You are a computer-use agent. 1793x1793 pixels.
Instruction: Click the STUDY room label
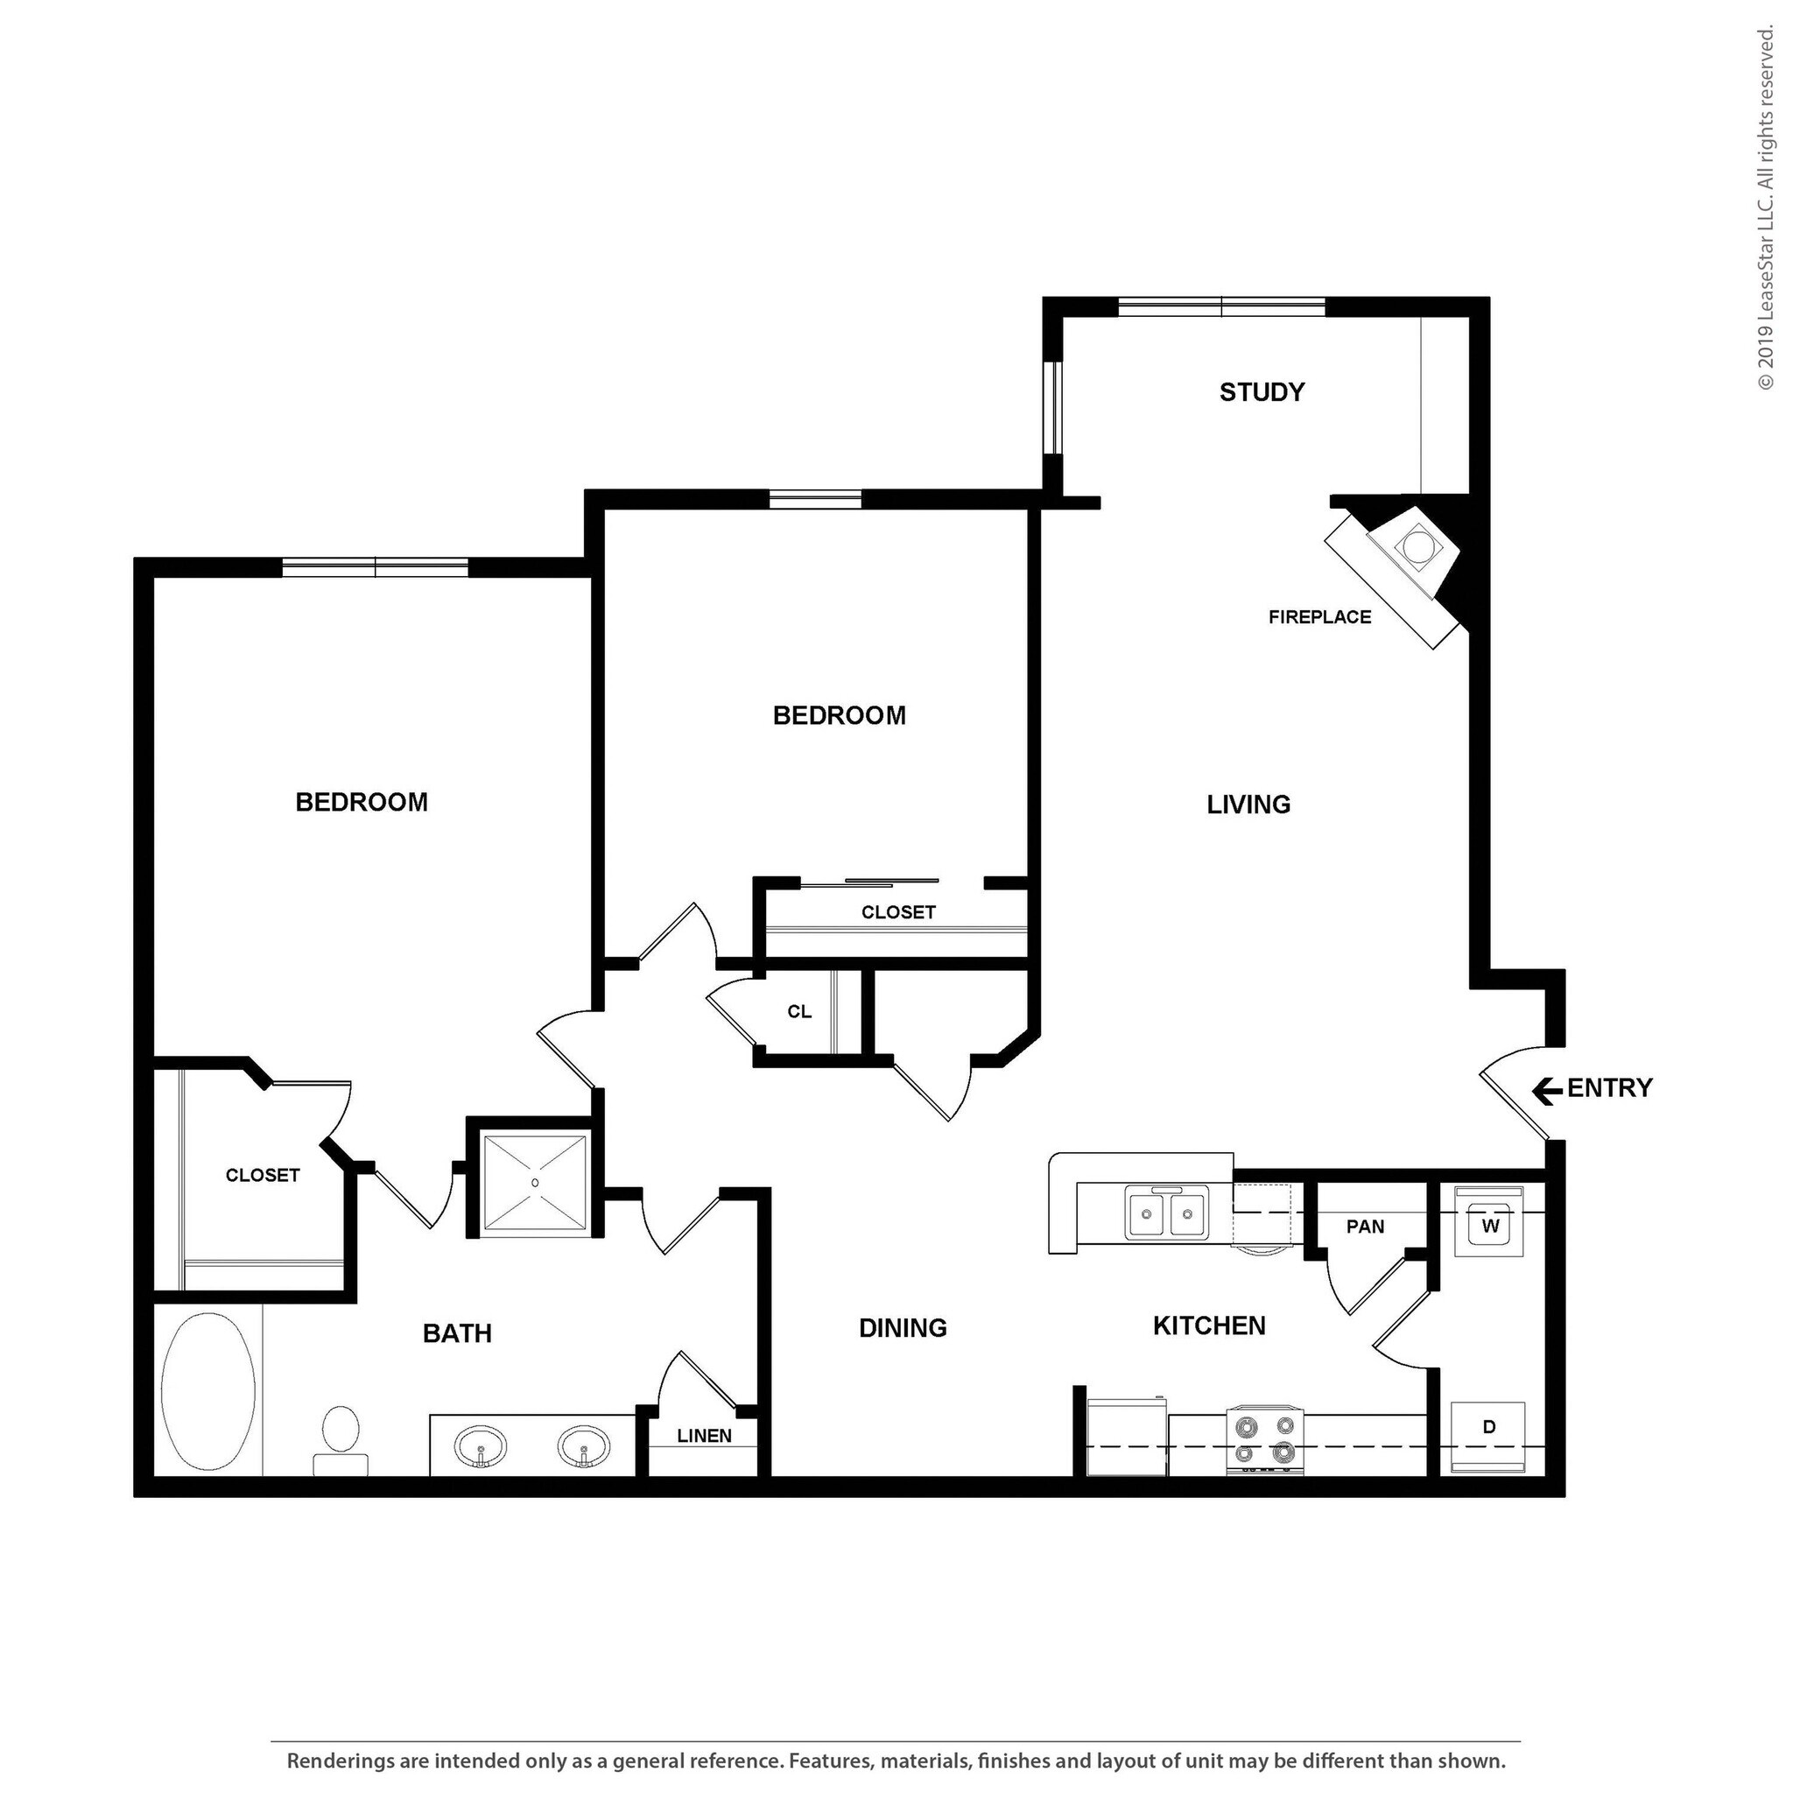tap(1262, 391)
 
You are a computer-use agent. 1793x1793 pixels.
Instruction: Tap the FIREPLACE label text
tap(1318, 616)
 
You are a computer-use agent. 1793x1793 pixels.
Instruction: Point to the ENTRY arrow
tap(1546, 1091)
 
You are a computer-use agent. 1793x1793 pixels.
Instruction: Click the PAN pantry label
tap(1364, 1227)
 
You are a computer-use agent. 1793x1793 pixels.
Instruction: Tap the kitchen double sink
tap(1166, 1213)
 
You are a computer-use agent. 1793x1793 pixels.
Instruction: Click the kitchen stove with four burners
tap(1264, 1439)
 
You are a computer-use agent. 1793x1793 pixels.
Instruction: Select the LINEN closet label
tap(704, 1436)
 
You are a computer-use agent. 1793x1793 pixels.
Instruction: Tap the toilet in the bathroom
tap(341, 1438)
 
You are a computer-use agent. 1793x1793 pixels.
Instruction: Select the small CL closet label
tap(799, 1011)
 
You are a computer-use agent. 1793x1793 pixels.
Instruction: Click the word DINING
tap(902, 1328)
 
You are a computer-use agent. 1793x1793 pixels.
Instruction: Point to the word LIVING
tap(1248, 805)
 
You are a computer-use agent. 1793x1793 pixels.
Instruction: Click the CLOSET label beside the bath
tap(263, 1175)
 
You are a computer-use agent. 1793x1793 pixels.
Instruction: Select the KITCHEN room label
tap(1208, 1326)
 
